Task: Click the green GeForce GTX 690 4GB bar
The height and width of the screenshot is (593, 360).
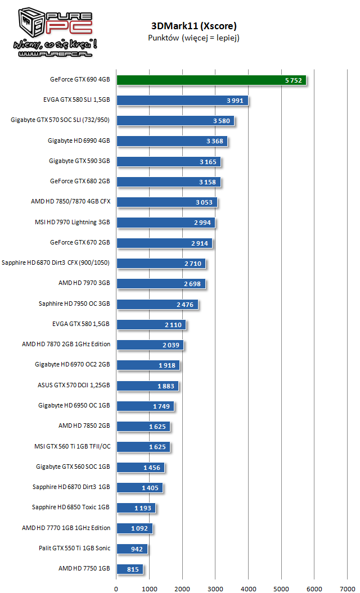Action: coord(211,80)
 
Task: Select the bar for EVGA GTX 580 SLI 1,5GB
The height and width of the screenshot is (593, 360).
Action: coord(182,101)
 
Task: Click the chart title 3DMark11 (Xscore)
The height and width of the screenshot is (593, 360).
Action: coord(193,26)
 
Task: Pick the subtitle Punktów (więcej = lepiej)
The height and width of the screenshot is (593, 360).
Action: coord(193,38)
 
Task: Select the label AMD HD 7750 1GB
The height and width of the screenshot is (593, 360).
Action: coord(84,568)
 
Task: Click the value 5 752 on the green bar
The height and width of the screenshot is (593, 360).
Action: coord(294,80)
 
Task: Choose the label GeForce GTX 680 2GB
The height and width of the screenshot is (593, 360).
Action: coord(80,182)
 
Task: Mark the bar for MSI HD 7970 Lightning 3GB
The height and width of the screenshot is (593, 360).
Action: coord(165,223)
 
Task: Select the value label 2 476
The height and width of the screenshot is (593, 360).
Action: coord(184,305)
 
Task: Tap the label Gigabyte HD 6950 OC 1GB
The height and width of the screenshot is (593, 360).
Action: coord(74,406)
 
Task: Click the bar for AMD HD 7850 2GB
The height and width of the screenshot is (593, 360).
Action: coord(143,426)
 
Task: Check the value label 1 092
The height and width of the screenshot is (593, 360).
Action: coord(139,528)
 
